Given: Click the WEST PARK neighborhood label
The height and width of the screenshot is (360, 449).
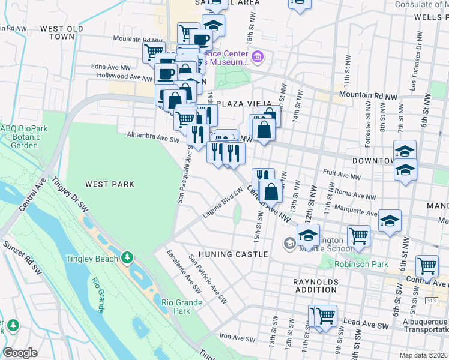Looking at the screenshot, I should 109,184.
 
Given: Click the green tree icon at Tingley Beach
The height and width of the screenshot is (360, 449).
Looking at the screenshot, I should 127,258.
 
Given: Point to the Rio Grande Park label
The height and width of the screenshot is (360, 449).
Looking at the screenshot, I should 176,307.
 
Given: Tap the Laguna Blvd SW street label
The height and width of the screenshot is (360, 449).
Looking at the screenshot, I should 221,203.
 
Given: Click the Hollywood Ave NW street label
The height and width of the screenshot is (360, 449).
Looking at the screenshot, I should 124,77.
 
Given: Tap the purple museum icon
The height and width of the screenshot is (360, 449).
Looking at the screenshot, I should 258,58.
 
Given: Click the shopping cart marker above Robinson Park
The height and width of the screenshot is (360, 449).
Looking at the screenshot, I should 358,235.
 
